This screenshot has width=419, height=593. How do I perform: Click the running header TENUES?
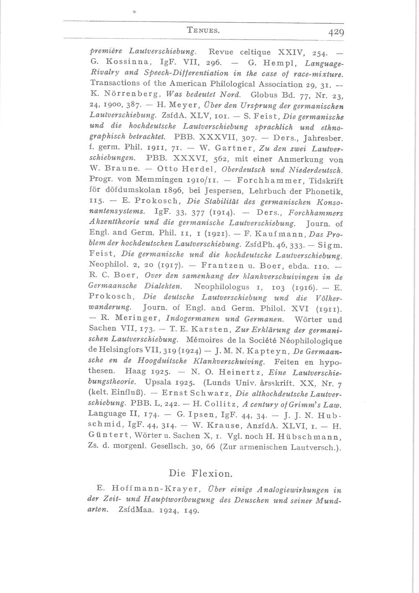(203, 30)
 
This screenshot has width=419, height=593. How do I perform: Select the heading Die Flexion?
(200, 474)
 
